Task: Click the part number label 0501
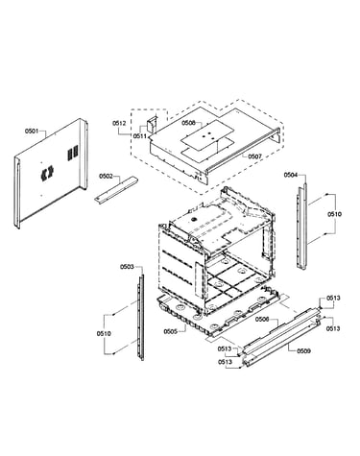click(32, 132)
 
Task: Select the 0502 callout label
click(106, 176)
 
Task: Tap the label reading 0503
click(127, 267)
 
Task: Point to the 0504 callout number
click(291, 175)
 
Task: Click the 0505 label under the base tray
click(171, 331)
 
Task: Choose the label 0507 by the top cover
click(255, 156)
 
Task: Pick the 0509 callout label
click(303, 351)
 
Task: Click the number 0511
click(140, 136)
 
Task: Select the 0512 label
click(119, 123)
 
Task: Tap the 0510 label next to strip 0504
click(334, 214)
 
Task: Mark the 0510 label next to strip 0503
click(104, 334)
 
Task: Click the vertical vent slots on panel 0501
click(72, 153)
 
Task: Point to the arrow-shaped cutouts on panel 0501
click(47, 173)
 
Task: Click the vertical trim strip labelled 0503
click(141, 317)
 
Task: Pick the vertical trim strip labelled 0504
click(302, 227)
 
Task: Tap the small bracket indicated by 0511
click(152, 124)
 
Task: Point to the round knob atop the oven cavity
click(193, 219)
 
